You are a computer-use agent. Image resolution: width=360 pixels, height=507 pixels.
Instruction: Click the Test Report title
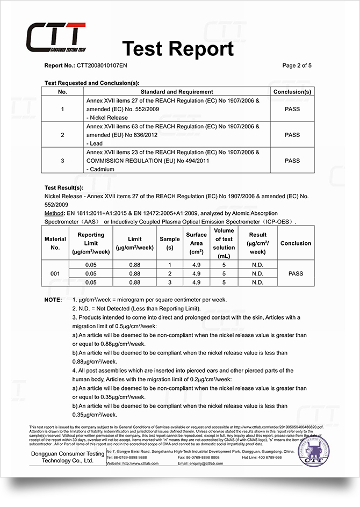coord(178,49)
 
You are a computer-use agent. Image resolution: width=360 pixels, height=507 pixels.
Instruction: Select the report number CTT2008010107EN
coord(102,66)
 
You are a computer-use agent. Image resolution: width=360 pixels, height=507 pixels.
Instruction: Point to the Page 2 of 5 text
coord(297,66)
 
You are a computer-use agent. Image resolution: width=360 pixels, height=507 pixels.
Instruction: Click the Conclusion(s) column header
coord(292,92)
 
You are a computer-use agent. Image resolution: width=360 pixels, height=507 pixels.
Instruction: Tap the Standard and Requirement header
coord(177,92)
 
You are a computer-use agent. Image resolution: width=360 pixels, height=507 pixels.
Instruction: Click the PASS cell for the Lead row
coord(292,135)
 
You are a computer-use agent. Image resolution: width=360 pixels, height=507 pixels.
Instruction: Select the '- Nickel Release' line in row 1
coord(107,118)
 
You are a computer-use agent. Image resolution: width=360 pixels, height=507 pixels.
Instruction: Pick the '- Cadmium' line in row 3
coord(102,169)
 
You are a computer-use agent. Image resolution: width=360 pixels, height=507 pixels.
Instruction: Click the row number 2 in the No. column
coord(63,135)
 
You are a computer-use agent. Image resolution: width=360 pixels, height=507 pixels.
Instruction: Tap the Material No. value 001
coord(55,273)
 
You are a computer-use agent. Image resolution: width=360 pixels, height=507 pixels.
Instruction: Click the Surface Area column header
coord(196,243)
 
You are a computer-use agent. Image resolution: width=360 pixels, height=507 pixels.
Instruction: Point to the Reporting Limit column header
coord(90,243)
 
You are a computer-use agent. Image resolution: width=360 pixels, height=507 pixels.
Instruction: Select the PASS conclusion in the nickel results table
coord(296,273)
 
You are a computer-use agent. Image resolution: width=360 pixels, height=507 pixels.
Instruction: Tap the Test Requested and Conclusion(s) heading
coord(92,83)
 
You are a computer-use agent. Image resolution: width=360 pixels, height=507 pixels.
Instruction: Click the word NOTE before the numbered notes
coord(54,299)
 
